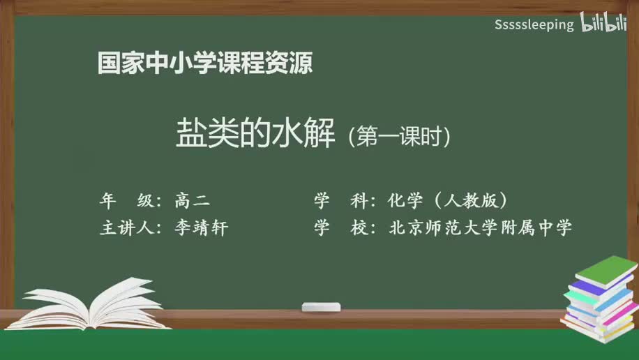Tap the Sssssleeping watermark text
534,25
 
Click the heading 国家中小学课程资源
204,63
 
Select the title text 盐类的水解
256,133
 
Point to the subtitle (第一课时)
399,135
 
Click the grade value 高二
192,201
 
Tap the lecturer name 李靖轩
202,228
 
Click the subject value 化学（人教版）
447,201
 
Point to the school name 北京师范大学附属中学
481,228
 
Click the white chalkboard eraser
321,307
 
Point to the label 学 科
341,201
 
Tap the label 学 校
341,228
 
